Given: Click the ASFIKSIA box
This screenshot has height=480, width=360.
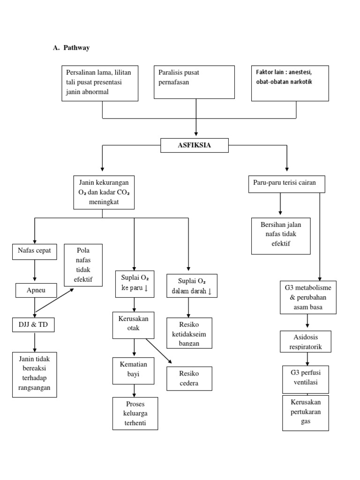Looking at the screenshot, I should pos(195,145).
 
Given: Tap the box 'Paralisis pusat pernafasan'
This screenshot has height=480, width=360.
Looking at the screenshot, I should pos(194,82).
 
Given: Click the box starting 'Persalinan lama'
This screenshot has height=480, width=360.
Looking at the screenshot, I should pos(99,83).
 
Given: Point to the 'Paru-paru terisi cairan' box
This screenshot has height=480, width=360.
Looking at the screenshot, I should pos(286,184).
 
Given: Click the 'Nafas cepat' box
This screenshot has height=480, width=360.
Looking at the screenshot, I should pos(34,251).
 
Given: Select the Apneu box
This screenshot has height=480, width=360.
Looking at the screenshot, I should pos(36,291).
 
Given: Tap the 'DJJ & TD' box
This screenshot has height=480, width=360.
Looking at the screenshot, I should pos(33,324).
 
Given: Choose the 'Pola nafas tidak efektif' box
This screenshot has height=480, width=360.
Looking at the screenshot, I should pos(83,265).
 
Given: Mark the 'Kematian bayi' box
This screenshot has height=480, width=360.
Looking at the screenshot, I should pos(134,370).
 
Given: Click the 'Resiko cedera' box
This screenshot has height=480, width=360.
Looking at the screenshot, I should pos(189,378).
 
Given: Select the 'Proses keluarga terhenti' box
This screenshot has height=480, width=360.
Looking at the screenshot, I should pos(135,413).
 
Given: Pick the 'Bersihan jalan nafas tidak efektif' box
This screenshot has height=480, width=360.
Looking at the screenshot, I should pos(281,235).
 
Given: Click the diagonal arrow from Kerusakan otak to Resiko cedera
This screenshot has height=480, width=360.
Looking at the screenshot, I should pos(158,351).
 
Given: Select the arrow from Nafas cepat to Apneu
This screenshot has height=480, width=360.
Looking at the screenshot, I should pos(34,271).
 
